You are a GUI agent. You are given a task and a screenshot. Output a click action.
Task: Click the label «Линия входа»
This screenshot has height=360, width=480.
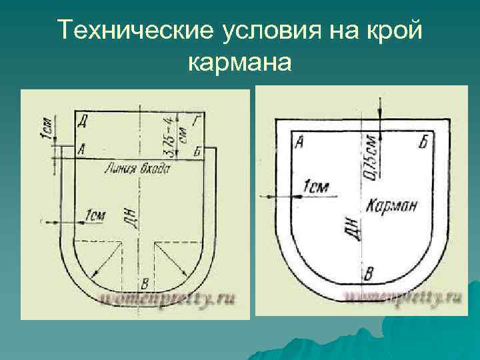137,169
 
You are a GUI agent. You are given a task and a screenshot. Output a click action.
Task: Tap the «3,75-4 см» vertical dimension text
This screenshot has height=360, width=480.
175,137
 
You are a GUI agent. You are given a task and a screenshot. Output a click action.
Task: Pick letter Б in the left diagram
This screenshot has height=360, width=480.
197,151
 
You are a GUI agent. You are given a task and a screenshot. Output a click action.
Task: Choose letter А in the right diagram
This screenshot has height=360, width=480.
299,141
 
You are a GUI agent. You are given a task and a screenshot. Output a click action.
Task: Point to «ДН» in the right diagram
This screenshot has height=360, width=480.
354,228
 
